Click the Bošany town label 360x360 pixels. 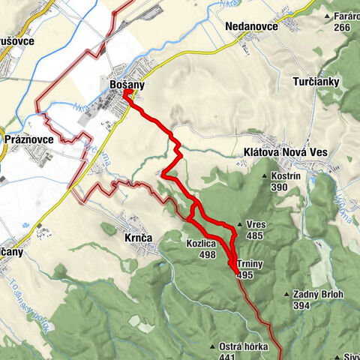(127, 86)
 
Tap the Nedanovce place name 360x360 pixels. (252, 26)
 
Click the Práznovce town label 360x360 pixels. (29, 139)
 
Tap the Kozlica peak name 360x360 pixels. (202, 244)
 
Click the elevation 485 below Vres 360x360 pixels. (256, 235)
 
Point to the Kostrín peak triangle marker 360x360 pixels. (265, 175)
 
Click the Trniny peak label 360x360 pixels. (250, 265)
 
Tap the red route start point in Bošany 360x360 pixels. (126, 94)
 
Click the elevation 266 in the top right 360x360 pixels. (342, 27)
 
